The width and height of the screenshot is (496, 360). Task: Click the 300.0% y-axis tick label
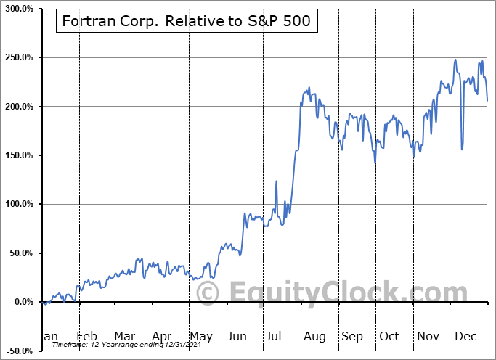tap(17, 9)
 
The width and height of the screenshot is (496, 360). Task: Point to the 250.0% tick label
tap(17, 57)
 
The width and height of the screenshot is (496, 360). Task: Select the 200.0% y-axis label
tap(17, 107)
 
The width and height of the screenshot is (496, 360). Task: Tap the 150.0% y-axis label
tap(17, 155)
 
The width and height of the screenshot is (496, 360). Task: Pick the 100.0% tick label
tap(17, 204)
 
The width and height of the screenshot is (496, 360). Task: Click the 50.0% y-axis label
tap(18, 253)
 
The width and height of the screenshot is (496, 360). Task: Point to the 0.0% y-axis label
tap(20, 302)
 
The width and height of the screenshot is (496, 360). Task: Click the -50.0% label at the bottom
tap(18, 351)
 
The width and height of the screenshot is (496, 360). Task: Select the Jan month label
tap(48, 336)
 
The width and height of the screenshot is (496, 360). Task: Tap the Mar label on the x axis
tap(124, 336)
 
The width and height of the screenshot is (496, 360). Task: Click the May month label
tap(201, 336)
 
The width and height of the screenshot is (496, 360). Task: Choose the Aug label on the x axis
tap(314, 336)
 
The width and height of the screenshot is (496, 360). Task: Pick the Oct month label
tap(389, 336)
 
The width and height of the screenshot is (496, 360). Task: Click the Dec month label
tap(465, 336)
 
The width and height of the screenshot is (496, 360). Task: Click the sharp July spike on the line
tap(276, 181)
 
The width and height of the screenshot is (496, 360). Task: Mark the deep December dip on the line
tap(462, 149)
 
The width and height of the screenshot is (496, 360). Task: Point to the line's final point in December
tap(487, 100)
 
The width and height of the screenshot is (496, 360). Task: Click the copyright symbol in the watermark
tap(208, 293)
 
